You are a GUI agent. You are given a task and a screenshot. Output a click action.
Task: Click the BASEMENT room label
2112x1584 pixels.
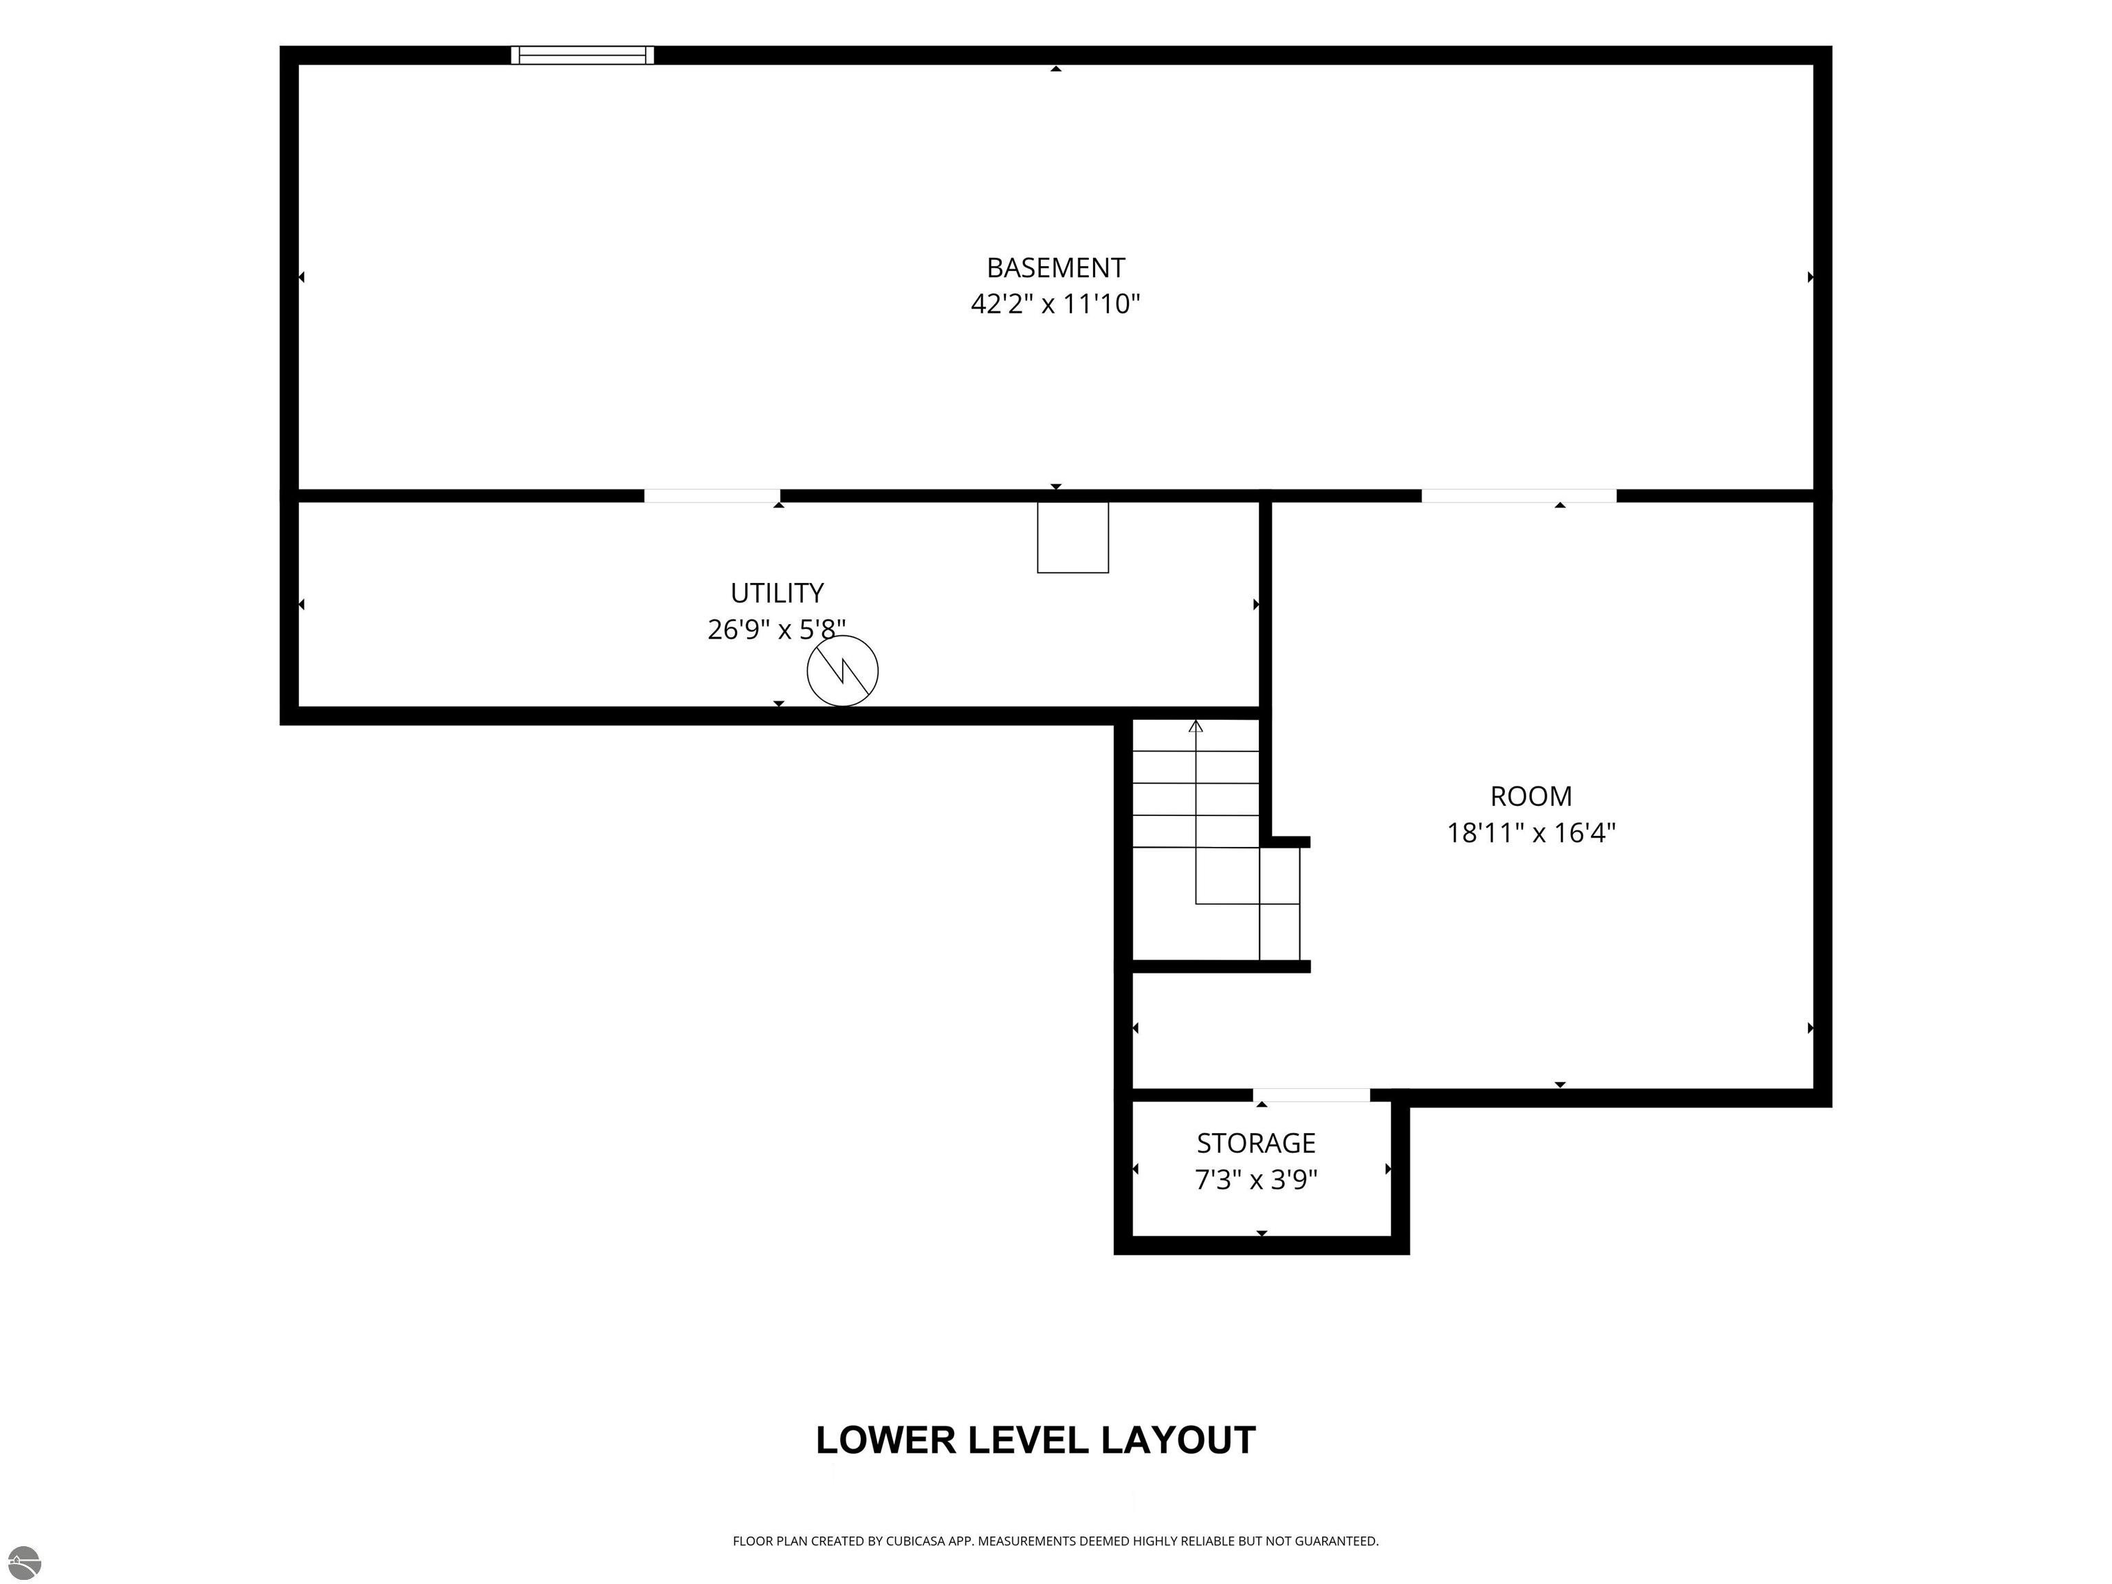point(1055,267)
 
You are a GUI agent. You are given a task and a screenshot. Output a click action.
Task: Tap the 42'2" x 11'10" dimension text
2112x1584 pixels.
point(1055,304)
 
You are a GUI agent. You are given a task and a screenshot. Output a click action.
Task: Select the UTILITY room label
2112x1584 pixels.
point(777,593)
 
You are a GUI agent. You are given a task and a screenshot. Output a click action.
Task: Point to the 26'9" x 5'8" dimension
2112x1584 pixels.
point(776,629)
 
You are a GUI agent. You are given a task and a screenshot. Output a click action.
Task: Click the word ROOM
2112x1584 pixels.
point(1530,796)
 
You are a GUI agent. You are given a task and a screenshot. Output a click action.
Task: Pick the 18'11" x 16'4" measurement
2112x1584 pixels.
point(1530,833)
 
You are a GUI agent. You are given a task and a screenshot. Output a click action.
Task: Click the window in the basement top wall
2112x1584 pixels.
point(582,54)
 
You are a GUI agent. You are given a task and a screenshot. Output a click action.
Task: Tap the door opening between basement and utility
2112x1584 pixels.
point(712,496)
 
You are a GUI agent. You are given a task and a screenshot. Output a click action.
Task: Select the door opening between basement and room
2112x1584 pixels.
point(1519,496)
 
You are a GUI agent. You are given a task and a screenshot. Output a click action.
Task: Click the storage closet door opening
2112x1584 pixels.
point(1312,1095)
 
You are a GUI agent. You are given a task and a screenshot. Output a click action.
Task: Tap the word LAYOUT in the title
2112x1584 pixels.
point(1178,1440)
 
